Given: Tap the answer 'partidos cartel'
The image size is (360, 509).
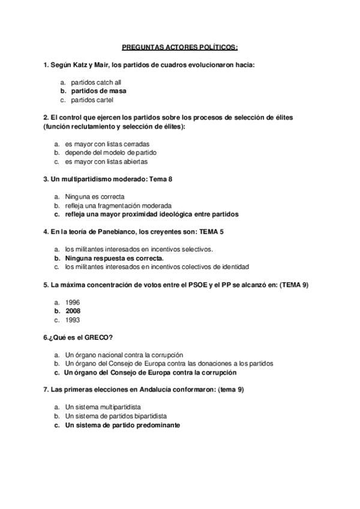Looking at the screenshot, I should (x=91, y=100).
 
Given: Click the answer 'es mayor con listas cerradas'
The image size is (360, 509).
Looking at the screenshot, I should (x=107, y=144).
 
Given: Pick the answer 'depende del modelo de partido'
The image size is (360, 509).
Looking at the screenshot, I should (x=110, y=152).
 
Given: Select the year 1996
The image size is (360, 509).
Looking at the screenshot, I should (x=73, y=303).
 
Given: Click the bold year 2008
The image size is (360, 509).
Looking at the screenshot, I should (x=73, y=311).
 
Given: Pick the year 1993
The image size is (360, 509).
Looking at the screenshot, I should (x=73, y=320).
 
